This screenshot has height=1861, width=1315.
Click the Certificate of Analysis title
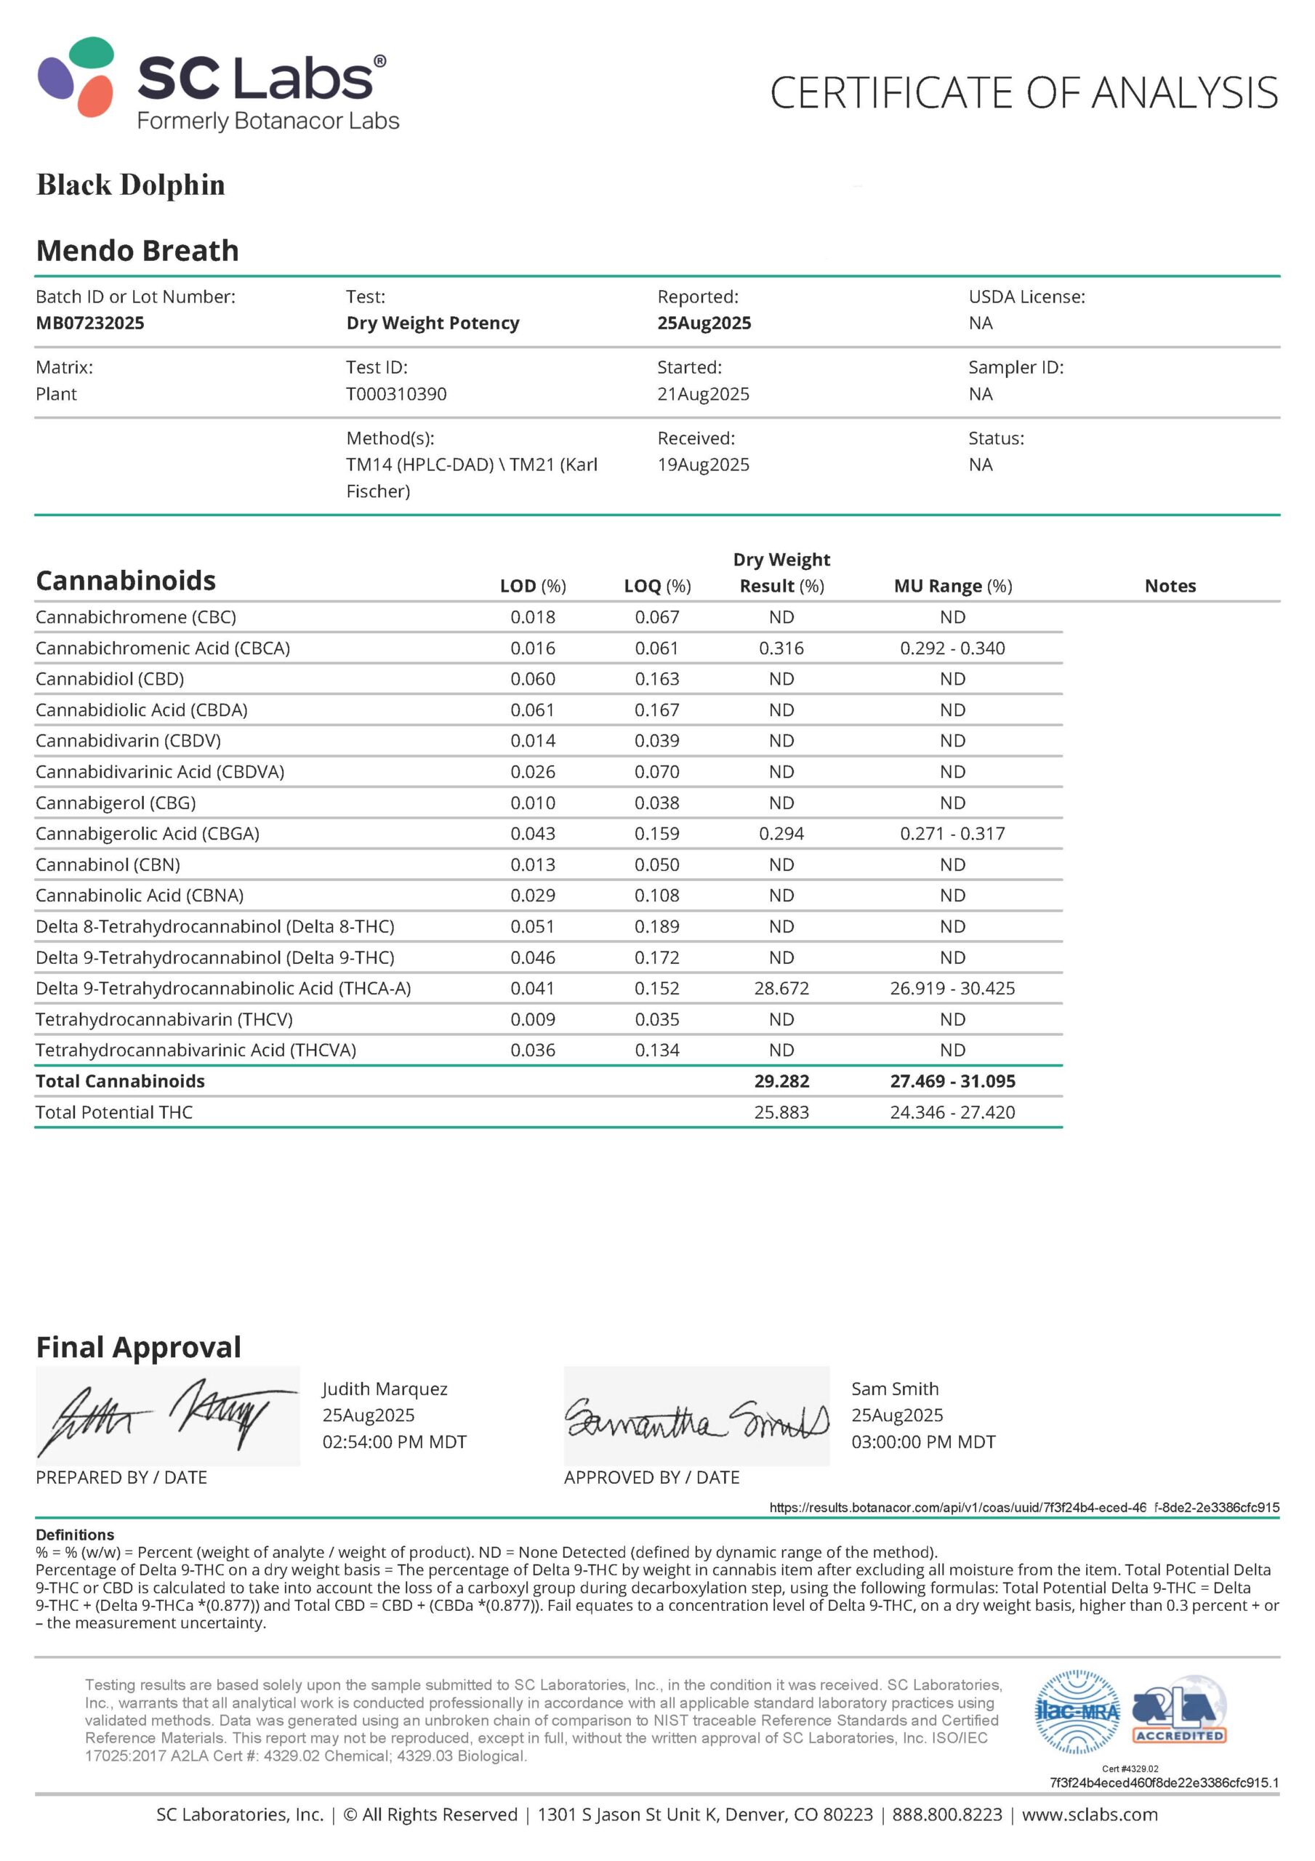tap(1023, 92)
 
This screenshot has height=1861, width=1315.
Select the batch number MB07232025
tap(90, 323)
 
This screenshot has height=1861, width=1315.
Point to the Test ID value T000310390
tap(395, 394)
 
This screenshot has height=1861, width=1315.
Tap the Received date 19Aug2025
tap(703, 465)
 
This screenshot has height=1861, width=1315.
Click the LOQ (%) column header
tap(656, 586)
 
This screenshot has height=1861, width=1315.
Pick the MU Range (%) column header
tap(952, 586)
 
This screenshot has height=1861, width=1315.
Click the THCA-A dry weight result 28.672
tap(781, 988)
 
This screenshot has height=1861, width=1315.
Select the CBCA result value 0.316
tap(781, 648)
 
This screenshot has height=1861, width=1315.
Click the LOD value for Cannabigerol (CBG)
tap(533, 803)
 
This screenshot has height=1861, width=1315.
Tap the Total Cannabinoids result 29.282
tap(781, 1081)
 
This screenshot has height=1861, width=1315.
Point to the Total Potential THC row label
tap(114, 1112)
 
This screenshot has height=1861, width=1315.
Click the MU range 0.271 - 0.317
tap(952, 833)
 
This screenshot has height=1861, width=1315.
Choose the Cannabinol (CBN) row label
tap(108, 865)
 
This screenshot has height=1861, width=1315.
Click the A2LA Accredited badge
tap(1179, 1712)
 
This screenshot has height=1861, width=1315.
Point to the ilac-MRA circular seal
tap(1077, 1711)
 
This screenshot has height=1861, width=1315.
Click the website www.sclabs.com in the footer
tap(1089, 1814)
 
